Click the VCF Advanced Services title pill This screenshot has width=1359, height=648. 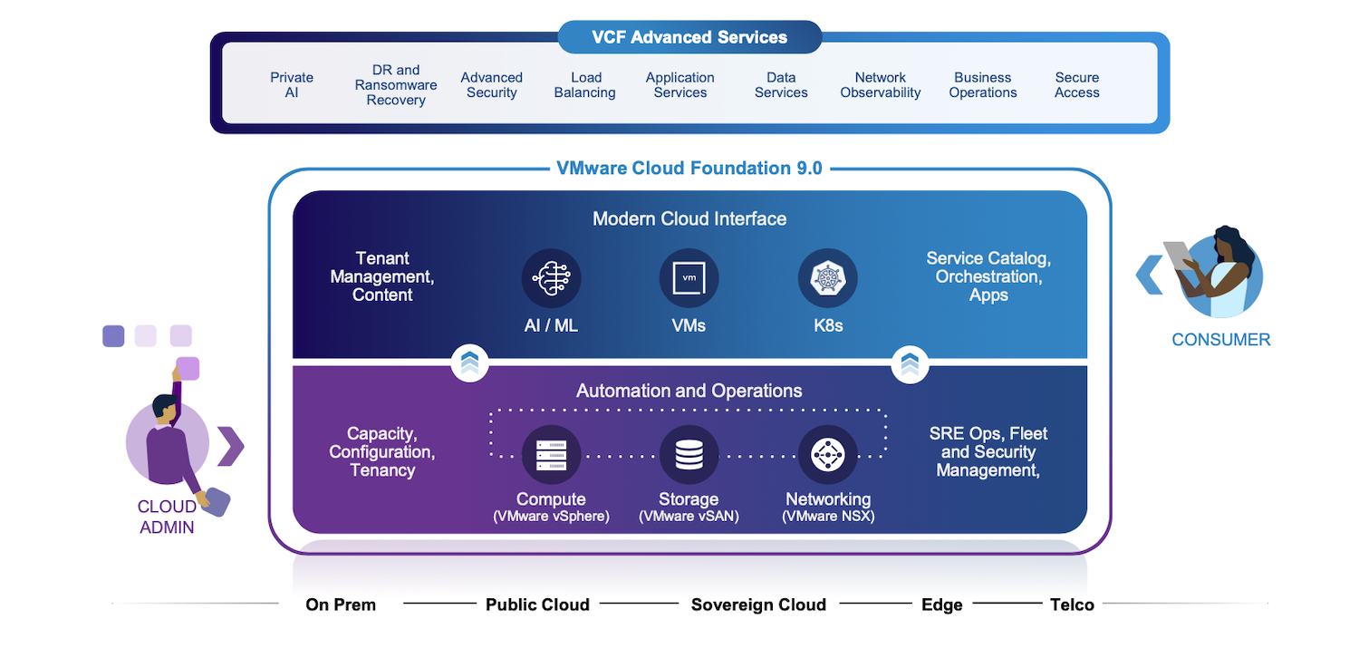[x=689, y=37]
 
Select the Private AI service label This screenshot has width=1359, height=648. [x=292, y=85]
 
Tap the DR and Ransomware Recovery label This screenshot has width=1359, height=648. [x=396, y=85]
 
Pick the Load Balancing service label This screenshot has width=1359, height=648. [x=585, y=85]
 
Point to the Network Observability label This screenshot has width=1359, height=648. [x=881, y=85]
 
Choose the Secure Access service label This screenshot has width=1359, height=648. [x=1077, y=85]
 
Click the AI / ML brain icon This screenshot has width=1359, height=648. [x=551, y=278]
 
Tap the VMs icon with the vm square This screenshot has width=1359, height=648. [x=689, y=278]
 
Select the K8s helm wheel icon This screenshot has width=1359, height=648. [x=827, y=278]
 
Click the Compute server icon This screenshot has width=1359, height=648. [x=551, y=454]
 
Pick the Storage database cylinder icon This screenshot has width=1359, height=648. [x=689, y=454]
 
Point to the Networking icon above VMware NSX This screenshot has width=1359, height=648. [x=827, y=454]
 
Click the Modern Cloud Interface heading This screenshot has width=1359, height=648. [x=689, y=218]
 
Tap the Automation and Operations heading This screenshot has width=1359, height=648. [x=689, y=391]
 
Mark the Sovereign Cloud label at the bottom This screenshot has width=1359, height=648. [x=758, y=604]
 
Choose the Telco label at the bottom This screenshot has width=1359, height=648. [x=1072, y=604]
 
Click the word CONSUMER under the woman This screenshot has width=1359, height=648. [x=1220, y=339]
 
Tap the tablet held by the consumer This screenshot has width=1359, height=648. [x=1177, y=255]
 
